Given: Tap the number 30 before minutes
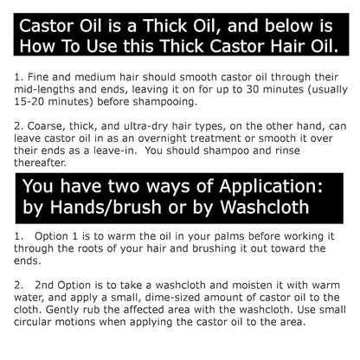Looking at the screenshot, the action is click(x=253, y=89).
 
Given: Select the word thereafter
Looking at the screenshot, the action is click(x=40, y=163).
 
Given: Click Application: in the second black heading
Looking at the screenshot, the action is click(x=271, y=187).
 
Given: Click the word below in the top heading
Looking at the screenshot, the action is click(x=288, y=26).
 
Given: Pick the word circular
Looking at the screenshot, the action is click(x=32, y=322).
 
